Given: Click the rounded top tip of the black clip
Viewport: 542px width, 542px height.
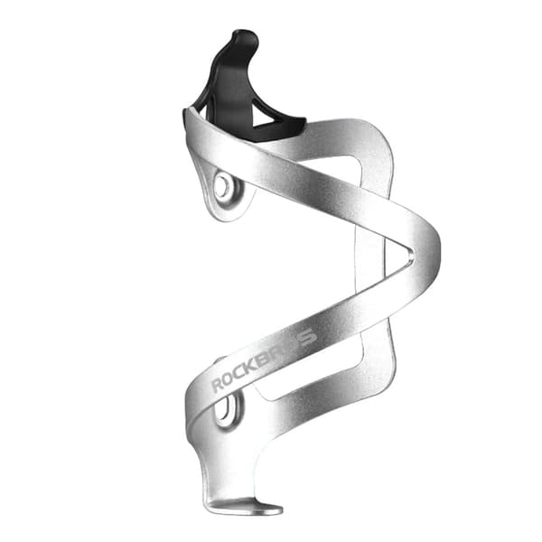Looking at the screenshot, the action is tap(245, 35).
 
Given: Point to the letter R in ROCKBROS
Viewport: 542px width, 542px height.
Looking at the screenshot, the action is tap(218, 385).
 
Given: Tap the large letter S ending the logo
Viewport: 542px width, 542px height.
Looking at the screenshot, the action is tap(307, 337).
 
